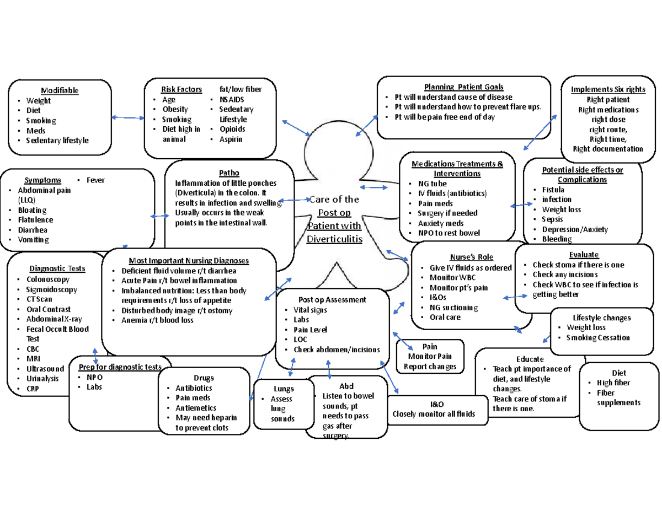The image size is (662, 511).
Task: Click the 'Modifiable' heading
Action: (x=60, y=90)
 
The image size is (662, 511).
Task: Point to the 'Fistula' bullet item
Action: (x=553, y=190)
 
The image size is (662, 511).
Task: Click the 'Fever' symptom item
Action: (x=95, y=180)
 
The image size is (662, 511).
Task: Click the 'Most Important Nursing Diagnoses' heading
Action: (x=188, y=261)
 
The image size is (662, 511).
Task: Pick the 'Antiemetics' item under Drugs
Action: (x=196, y=408)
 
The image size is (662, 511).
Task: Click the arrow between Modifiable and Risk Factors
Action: (x=127, y=117)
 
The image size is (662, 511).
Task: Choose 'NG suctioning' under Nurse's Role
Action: (x=453, y=308)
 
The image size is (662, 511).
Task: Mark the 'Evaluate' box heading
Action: (x=584, y=255)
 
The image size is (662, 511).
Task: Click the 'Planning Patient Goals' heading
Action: (x=463, y=87)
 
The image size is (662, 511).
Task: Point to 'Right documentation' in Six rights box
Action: (x=607, y=149)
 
